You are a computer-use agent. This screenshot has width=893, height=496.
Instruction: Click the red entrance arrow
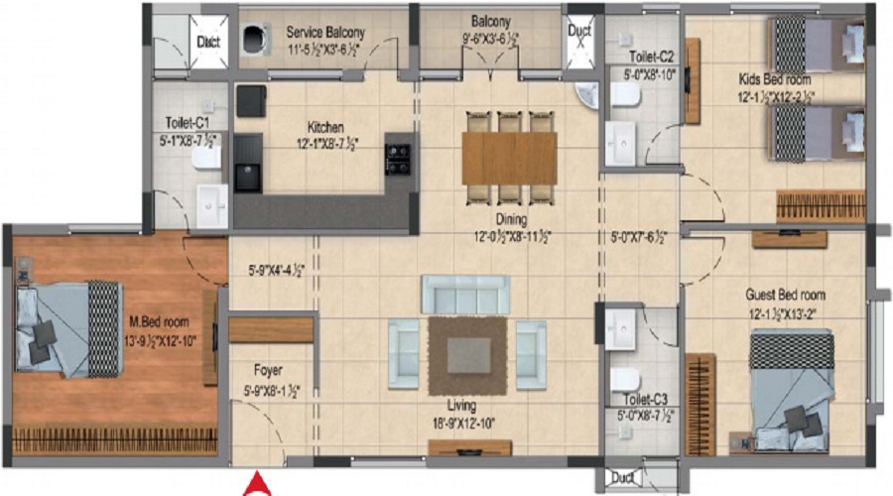(256, 485)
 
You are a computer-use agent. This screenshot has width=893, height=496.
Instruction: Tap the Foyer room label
(268, 370)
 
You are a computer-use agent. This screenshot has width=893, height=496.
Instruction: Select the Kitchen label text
(325, 127)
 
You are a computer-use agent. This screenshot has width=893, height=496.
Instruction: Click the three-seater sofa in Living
(465, 294)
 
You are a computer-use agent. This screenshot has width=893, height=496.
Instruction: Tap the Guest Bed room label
(785, 295)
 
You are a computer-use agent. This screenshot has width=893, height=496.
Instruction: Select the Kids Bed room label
(775, 78)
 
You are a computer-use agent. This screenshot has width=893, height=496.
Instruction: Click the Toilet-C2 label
(651, 57)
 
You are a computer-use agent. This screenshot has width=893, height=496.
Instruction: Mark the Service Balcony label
(325, 32)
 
